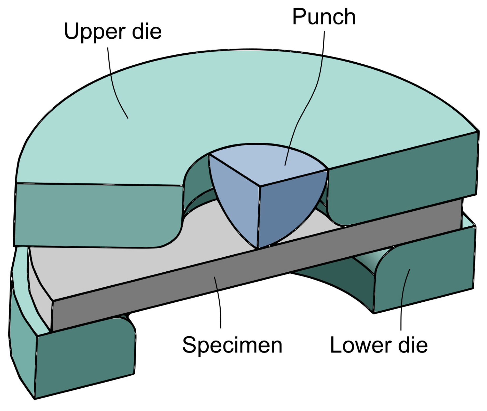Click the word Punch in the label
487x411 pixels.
[x=324, y=17]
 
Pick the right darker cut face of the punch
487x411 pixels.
[x=287, y=208]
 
